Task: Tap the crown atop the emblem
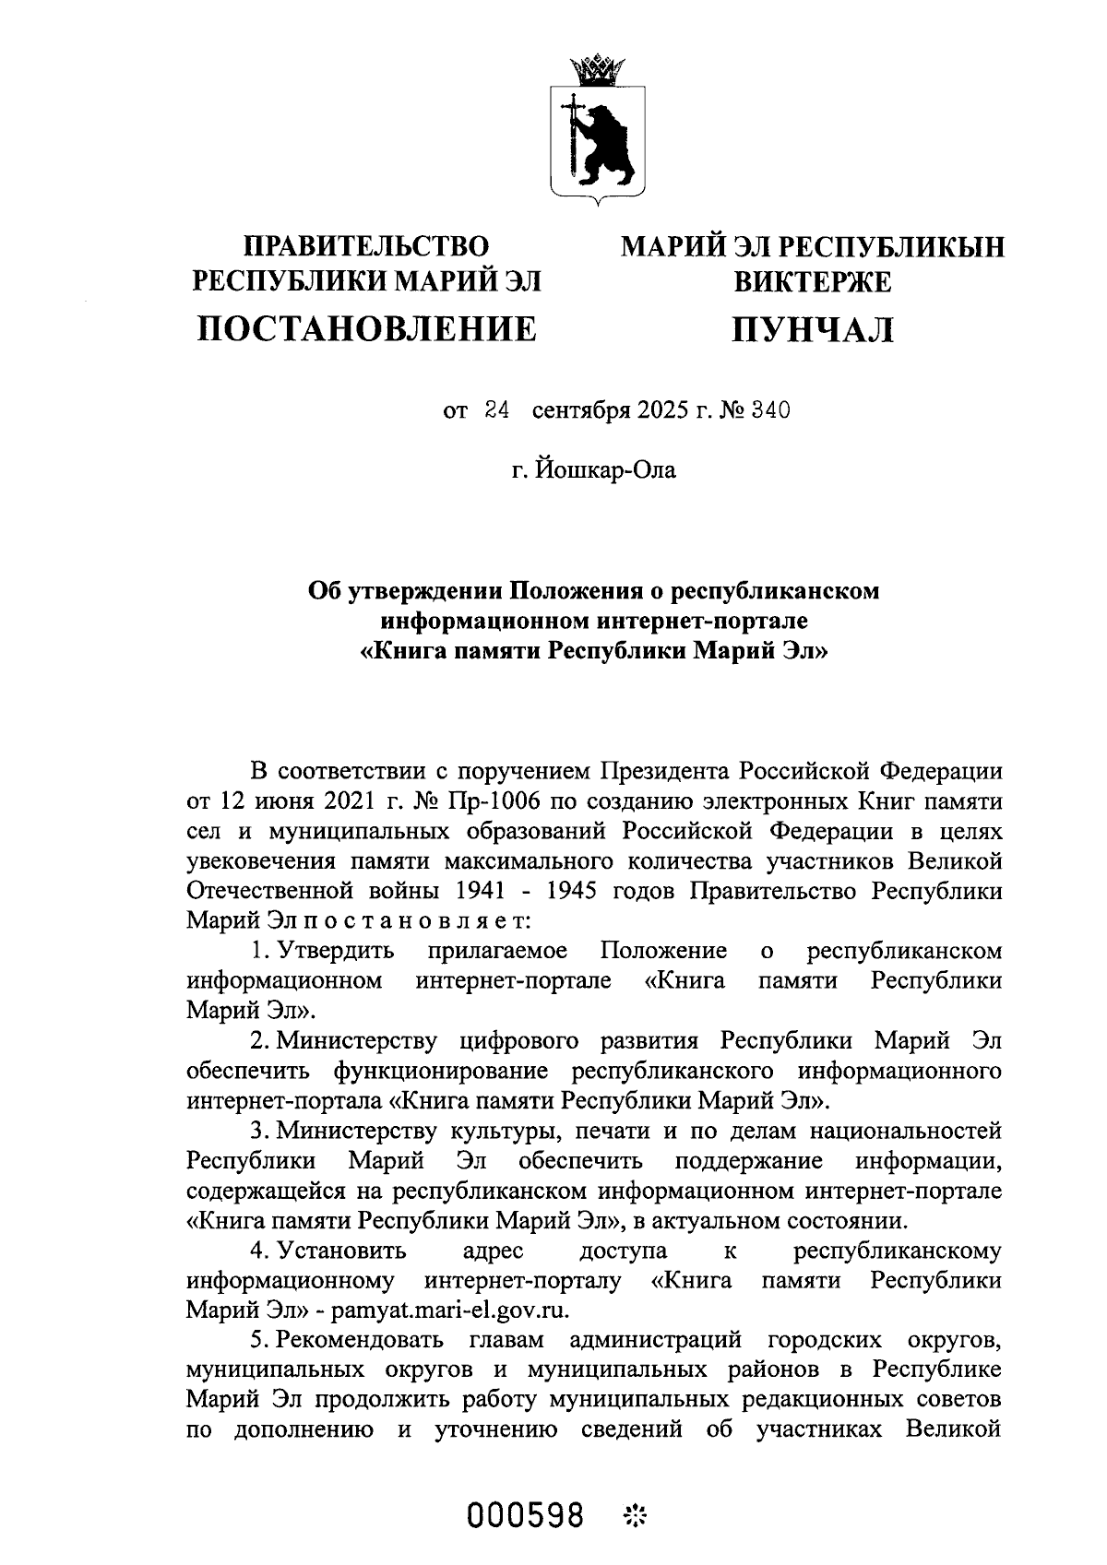(598, 68)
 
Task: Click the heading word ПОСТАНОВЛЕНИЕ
(367, 328)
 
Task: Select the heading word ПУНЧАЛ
(812, 329)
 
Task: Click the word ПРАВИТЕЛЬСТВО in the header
(366, 245)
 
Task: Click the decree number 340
(771, 410)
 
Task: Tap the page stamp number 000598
(526, 1513)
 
